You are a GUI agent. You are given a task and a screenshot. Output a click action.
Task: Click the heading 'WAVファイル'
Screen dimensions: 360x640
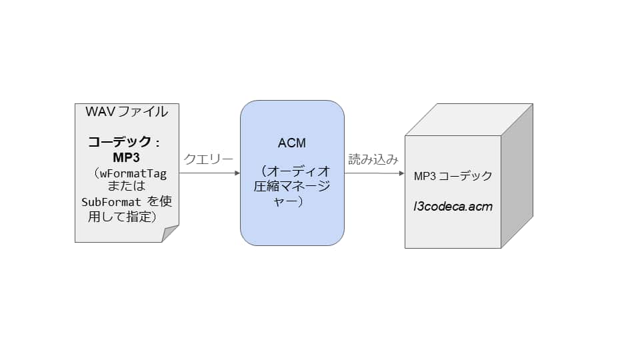click(127, 112)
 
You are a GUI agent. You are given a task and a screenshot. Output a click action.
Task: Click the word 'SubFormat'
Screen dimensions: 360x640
click(111, 202)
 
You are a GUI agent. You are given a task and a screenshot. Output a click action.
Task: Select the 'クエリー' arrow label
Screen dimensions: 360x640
click(208, 159)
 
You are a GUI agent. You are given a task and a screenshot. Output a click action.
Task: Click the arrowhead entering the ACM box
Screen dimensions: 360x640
click(237, 173)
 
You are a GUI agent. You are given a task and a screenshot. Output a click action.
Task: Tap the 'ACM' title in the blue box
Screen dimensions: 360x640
click(291, 143)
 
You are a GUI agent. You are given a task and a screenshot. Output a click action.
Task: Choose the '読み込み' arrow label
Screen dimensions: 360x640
click(373, 159)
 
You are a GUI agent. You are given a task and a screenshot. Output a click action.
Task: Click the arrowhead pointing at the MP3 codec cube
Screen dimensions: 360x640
click(401, 173)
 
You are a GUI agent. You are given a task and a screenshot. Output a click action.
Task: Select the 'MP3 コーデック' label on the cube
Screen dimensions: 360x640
click(453, 176)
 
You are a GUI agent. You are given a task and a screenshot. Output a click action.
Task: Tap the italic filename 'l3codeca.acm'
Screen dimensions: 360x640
click(453, 206)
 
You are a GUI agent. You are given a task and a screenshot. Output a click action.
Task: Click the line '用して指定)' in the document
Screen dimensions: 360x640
click(125, 216)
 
